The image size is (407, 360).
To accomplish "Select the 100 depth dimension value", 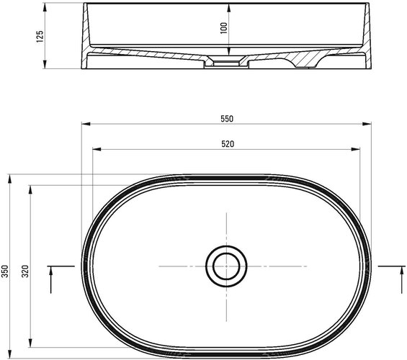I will [x=224, y=27].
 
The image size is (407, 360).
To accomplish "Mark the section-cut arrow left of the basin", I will [x=53, y=277].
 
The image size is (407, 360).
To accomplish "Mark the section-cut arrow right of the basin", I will [x=398, y=277].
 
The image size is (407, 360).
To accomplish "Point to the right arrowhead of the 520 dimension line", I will [x=357, y=150].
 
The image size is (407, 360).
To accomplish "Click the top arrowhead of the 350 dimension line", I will [x=10, y=177].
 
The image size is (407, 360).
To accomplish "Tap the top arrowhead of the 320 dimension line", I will [x=30, y=188].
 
